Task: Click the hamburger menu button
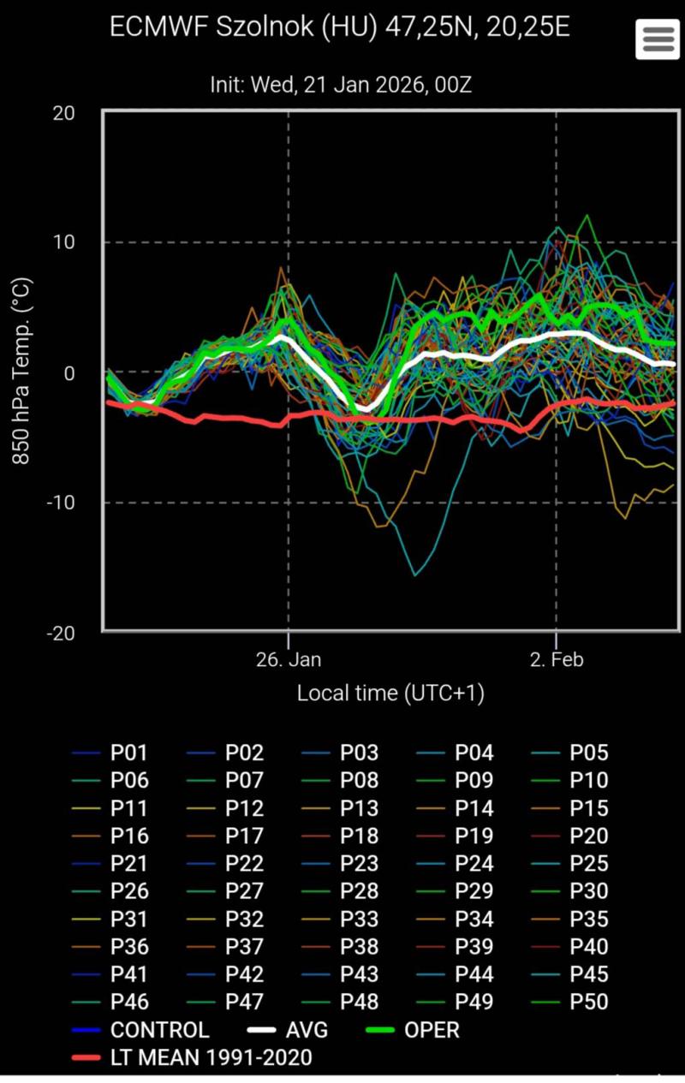point(657,39)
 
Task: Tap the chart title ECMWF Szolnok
point(340,27)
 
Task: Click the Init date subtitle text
point(340,86)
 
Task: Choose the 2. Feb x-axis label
point(557,660)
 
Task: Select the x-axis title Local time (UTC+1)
point(390,693)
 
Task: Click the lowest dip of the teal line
point(416,575)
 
